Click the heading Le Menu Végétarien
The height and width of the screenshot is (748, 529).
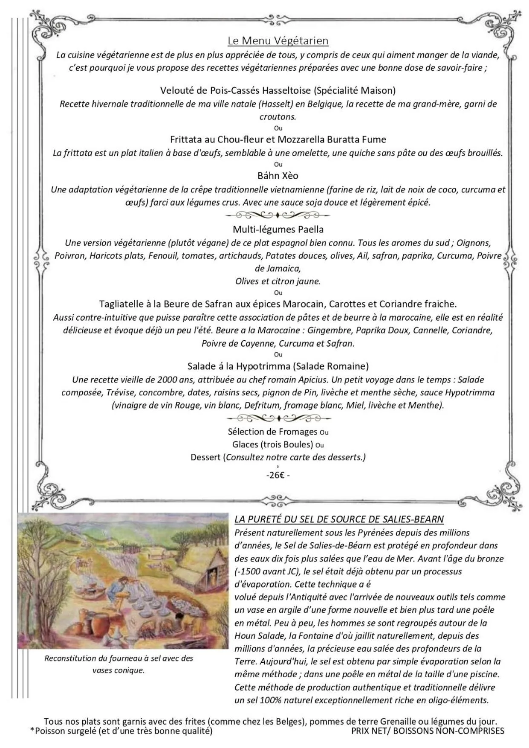coord(278,41)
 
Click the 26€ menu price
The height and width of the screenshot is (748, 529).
coord(278,475)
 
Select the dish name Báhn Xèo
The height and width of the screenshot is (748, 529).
coord(278,176)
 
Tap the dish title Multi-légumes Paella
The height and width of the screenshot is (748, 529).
coord(278,229)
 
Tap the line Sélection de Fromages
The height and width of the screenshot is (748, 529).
coord(273,432)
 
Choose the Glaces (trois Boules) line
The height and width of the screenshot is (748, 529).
coord(273,444)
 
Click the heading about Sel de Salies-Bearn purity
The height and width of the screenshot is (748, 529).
coord(339,519)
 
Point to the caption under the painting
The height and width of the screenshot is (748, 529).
coord(119,664)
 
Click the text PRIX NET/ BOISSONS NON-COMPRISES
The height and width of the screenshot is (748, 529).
coord(428,731)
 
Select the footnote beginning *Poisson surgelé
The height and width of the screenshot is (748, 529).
coord(121,731)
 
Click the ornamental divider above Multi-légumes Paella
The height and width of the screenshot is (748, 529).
coord(278,215)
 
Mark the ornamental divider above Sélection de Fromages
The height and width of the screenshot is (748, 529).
coord(278,417)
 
